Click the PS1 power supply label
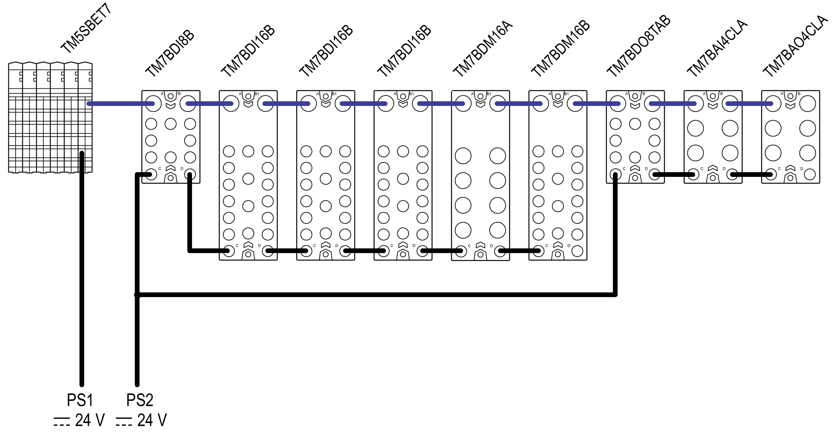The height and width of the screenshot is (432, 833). tap(80, 400)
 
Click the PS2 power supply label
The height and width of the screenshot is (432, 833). tap(140, 400)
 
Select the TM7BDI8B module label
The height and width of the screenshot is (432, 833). tap(170, 53)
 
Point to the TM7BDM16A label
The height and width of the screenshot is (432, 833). tap(483, 49)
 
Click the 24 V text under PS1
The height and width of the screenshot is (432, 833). tap(90, 420)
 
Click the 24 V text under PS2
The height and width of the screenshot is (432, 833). tap(152, 420)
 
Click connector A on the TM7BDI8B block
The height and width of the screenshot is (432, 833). tap(151, 104)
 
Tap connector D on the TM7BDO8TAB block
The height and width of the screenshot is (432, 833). tap(654, 174)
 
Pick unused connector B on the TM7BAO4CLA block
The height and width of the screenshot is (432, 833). tap(808, 104)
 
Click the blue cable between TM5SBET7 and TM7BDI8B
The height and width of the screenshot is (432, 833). tap(117, 104)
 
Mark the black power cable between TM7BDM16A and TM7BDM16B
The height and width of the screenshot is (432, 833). tap(519, 251)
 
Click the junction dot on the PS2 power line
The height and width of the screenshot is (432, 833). tap(137, 295)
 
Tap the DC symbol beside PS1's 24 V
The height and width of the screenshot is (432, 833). tap(61, 421)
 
